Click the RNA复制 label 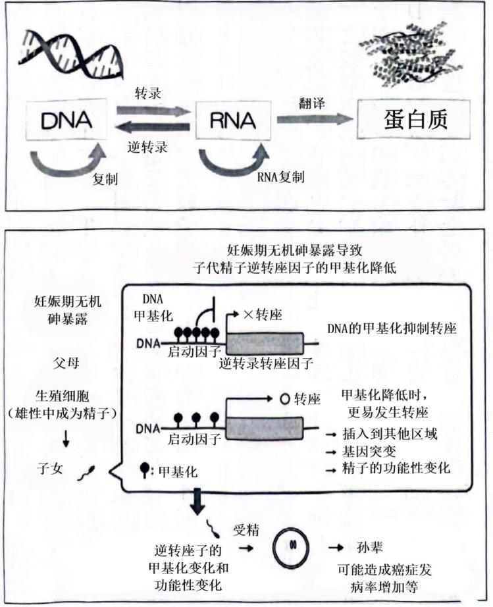[x=281, y=177]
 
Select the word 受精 [x=246, y=529]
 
